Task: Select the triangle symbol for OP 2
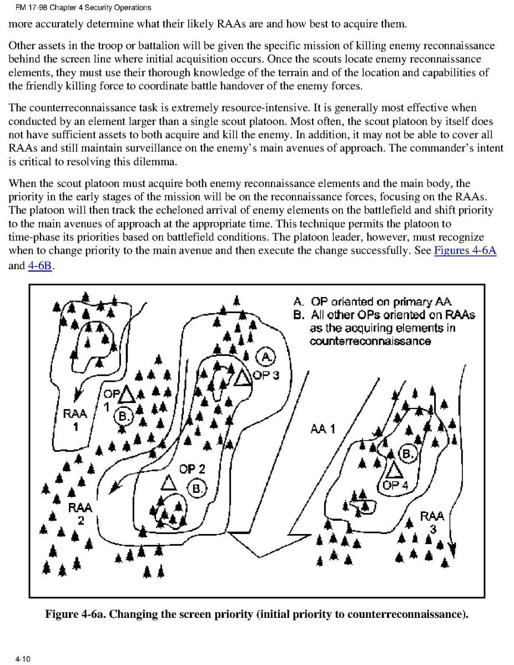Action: click(168, 482)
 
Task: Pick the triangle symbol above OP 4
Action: click(394, 470)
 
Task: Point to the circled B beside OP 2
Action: click(197, 488)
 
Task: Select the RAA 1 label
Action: click(74, 420)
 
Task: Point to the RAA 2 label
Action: click(80, 513)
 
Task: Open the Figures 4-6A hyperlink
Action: click(465, 250)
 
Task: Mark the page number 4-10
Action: click(23, 659)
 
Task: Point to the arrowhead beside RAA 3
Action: click(452, 549)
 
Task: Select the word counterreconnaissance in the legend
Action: click(370, 341)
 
